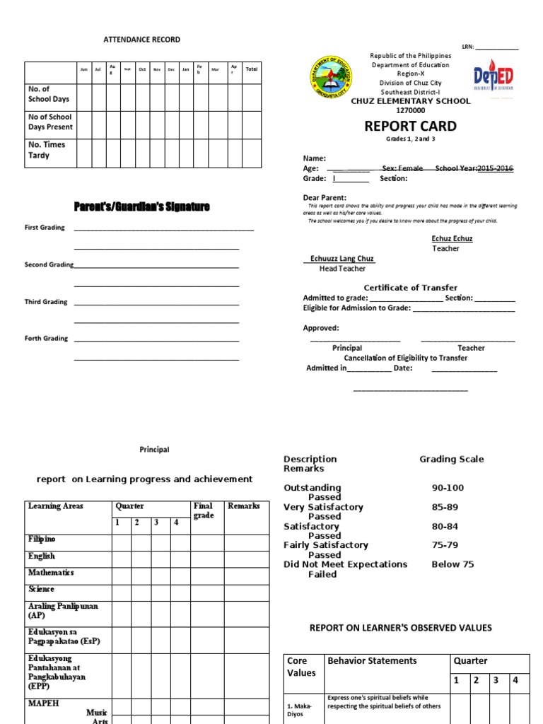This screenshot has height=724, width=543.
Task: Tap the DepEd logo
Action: (494, 76)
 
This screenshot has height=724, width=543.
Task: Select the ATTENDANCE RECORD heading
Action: (142, 40)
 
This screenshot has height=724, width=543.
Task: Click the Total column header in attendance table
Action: (251, 69)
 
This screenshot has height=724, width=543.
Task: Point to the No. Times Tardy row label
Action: (47, 150)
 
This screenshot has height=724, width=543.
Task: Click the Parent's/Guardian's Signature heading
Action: (142, 206)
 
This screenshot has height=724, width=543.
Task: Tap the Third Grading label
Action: (46, 302)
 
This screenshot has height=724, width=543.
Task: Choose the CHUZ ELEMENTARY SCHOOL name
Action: (411, 101)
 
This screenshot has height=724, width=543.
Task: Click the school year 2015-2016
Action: (495, 169)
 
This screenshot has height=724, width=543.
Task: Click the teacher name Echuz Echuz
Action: (452, 239)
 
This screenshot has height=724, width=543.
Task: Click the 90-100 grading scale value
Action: (448, 488)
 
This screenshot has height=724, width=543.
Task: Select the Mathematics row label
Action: (51, 573)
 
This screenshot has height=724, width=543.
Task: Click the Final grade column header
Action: (203, 510)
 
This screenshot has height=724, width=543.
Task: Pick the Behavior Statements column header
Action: (372, 661)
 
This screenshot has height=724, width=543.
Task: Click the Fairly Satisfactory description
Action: (326, 545)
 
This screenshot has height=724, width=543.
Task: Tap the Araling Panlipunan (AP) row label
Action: (63, 611)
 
